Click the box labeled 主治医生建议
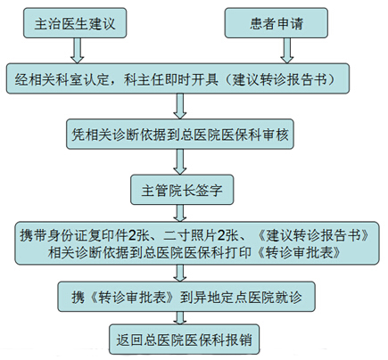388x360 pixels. (75, 23)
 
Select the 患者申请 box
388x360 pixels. (277, 23)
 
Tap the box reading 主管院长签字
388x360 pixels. (182, 190)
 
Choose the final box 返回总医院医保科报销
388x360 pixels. (184, 340)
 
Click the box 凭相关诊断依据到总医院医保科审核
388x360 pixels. (180, 135)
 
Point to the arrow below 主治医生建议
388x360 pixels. (78, 51)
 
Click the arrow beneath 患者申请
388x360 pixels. (287, 51)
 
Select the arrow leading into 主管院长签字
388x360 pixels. (180, 162)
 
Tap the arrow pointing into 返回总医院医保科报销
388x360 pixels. (180, 318)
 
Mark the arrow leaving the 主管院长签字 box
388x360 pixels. (180, 213)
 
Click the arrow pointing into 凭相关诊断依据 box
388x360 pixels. (180, 106)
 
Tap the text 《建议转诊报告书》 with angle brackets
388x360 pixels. (313, 235)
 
